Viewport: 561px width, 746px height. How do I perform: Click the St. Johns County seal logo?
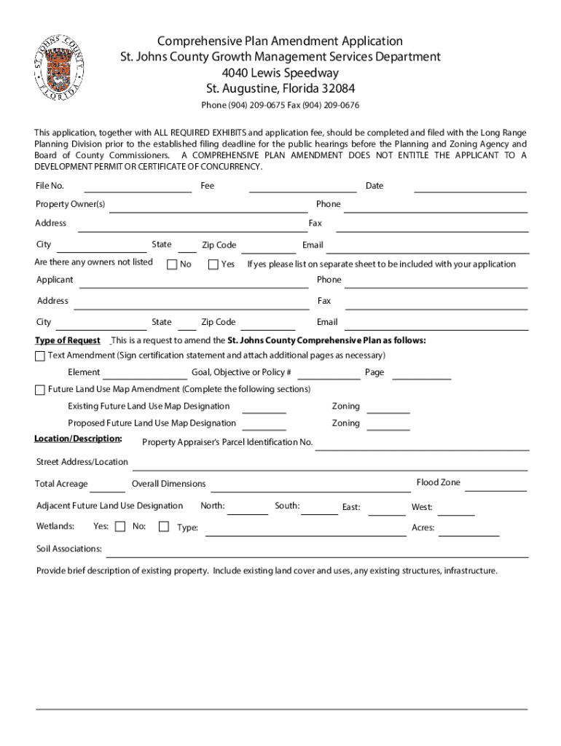click(59, 66)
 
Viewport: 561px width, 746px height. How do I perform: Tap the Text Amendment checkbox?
click(40, 356)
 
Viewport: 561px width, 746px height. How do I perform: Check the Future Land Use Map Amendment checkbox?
click(40, 390)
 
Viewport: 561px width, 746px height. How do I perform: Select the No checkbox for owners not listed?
click(172, 264)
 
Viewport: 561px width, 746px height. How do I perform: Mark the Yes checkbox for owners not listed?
click(213, 264)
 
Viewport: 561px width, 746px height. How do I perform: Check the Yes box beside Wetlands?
click(120, 526)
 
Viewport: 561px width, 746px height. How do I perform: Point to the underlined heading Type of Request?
click(68, 341)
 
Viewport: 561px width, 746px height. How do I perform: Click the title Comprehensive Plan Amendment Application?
click(280, 42)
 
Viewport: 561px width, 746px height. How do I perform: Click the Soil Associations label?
click(69, 549)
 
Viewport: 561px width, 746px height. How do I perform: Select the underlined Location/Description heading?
click(77, 439)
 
